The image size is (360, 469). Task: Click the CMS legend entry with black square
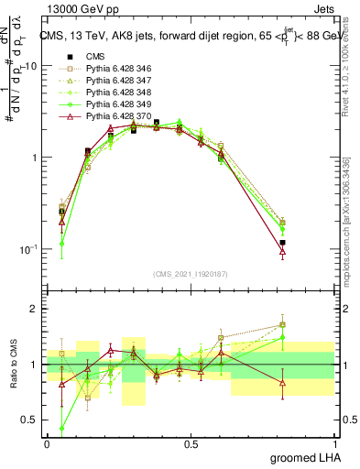(95, 56)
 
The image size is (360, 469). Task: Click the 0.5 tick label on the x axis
(191, 443)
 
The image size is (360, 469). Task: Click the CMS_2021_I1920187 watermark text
(191, 275)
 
